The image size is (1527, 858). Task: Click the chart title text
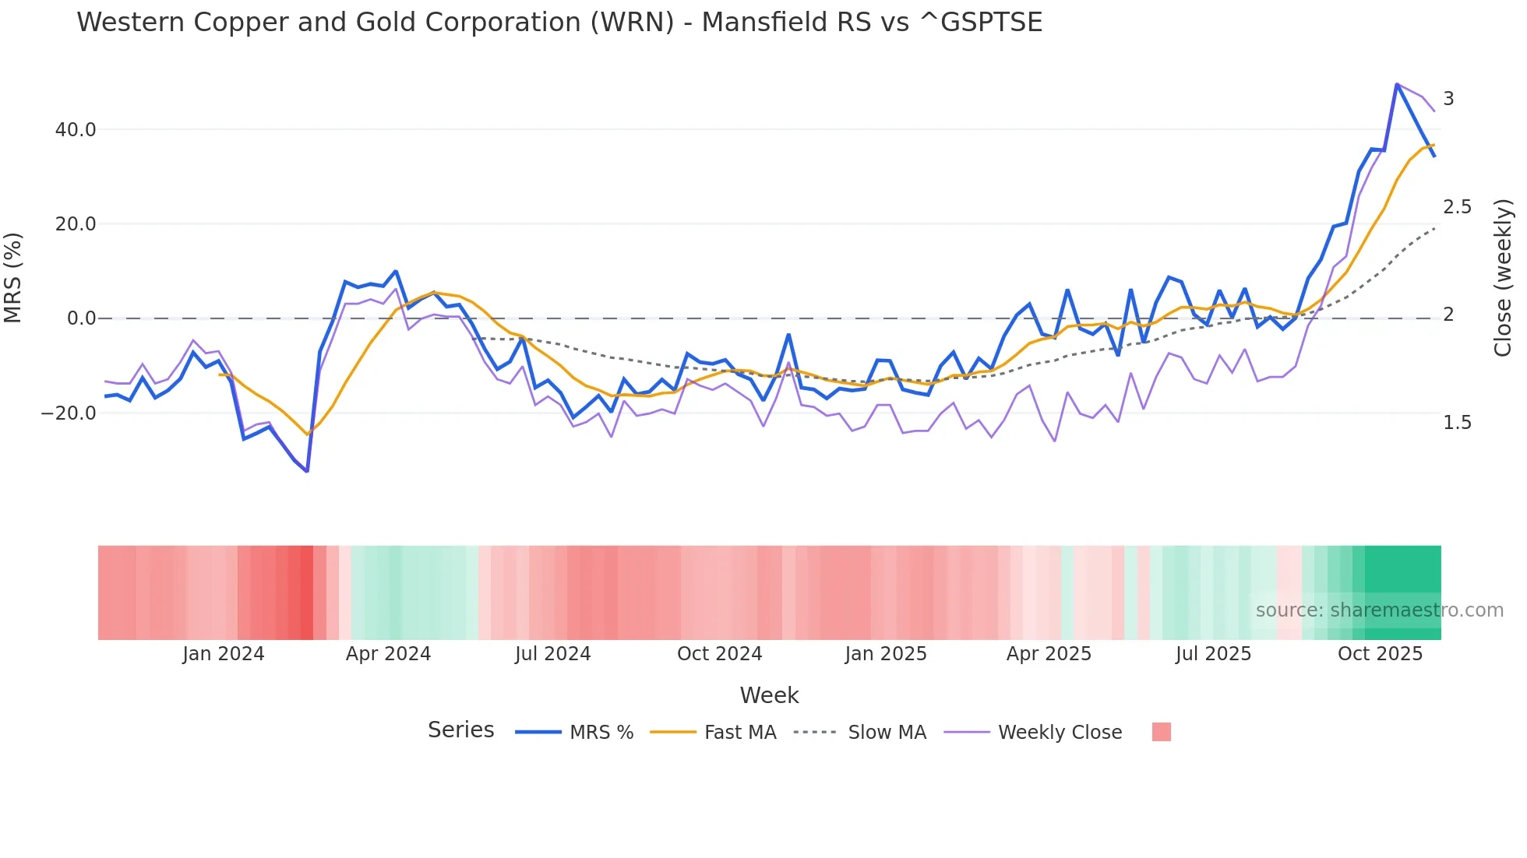(x=559, y=23)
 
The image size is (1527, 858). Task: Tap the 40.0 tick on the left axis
(x=76, y=130)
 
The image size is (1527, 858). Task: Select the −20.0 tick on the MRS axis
(x=69, y=413)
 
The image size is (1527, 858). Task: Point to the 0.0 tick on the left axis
(x=81, y=318)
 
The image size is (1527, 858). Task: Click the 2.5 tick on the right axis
(x=1457, y=207)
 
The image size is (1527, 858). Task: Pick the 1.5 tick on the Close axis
(x=1457, y=423)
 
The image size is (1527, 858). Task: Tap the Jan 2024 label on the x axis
(x=224, y=654)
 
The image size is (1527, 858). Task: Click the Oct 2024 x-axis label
(x=719, y=654)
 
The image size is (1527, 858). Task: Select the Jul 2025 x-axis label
(x=1213, y=654)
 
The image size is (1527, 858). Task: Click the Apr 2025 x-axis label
(x=1049, y=654)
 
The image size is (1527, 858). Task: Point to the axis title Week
(x=769, y=695)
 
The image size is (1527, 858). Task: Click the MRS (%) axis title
(x=13, y=277)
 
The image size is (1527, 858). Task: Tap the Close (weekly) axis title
(x=1503, y=277)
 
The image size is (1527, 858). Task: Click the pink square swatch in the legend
(x=1161, y=732)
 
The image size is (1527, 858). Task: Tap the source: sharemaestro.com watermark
(x=1379, y=610)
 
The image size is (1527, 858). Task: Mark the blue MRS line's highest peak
(x=1397, y=84)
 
